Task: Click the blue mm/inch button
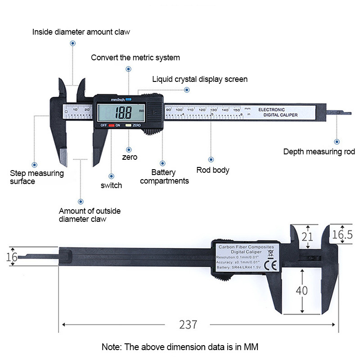(x=128, y=99)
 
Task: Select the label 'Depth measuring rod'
(x=319, y=152)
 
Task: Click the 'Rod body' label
(x=213, y=170)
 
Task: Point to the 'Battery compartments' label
(x=164, y=176)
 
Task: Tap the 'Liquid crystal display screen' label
(x=199, y=80)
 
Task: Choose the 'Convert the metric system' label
(x=135, y=58)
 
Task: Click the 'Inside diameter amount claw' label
(x=81, y=32)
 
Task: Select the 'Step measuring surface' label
(x=36, y=177)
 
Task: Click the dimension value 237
(x=188, y=324)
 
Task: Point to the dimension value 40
(x=301, y=291)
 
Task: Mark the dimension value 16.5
(x=342, y=234)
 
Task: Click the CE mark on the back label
(x=272, y=265)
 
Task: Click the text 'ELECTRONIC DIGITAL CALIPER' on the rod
(x=278, y=112)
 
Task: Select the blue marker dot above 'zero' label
(x=129, y=150)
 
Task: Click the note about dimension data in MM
(x=180, y=347)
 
